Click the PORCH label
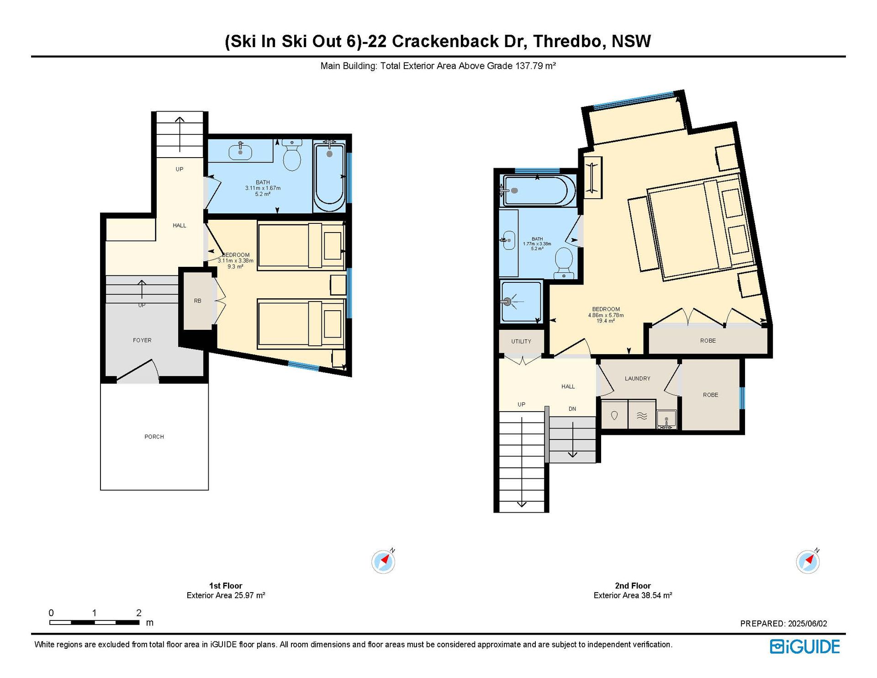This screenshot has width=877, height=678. pyautogui.click(x=154, y=437)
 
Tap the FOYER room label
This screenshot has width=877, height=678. pyautogui.click(x=142, y=340)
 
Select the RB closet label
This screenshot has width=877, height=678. pyautogui.click(x=197, y=301)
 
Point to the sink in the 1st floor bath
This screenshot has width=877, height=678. pyautogui.click(x=240, y=150)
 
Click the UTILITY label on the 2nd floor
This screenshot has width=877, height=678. pyautogui.click(x=521, y=341)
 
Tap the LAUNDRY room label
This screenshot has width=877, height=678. pyautogui.click(x=638, y=378)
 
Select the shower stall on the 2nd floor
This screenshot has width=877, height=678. pyautogui.click(x=521, y=302)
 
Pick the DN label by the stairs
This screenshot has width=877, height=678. pyautogui.click(x=572, y=409)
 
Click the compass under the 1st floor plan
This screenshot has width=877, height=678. pyautogui.click(x=383, y=561)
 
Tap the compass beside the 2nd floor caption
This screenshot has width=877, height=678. pyautogui.click(x=808, y=561)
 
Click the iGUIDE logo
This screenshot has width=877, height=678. pyautogui.click(x=805, y=646)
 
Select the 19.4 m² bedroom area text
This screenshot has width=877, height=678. pyautogui.click(x=606, y=321)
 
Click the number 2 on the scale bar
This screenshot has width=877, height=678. pyautogui.click(x=139, y=613)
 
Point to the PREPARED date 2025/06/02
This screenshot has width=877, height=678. pyautogui.click(x=807, y=624)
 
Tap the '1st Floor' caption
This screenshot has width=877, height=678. pyautogui.click(x=226, y=586)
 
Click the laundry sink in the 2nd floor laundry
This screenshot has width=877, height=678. pyautogui.click(x=666, y=419)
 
